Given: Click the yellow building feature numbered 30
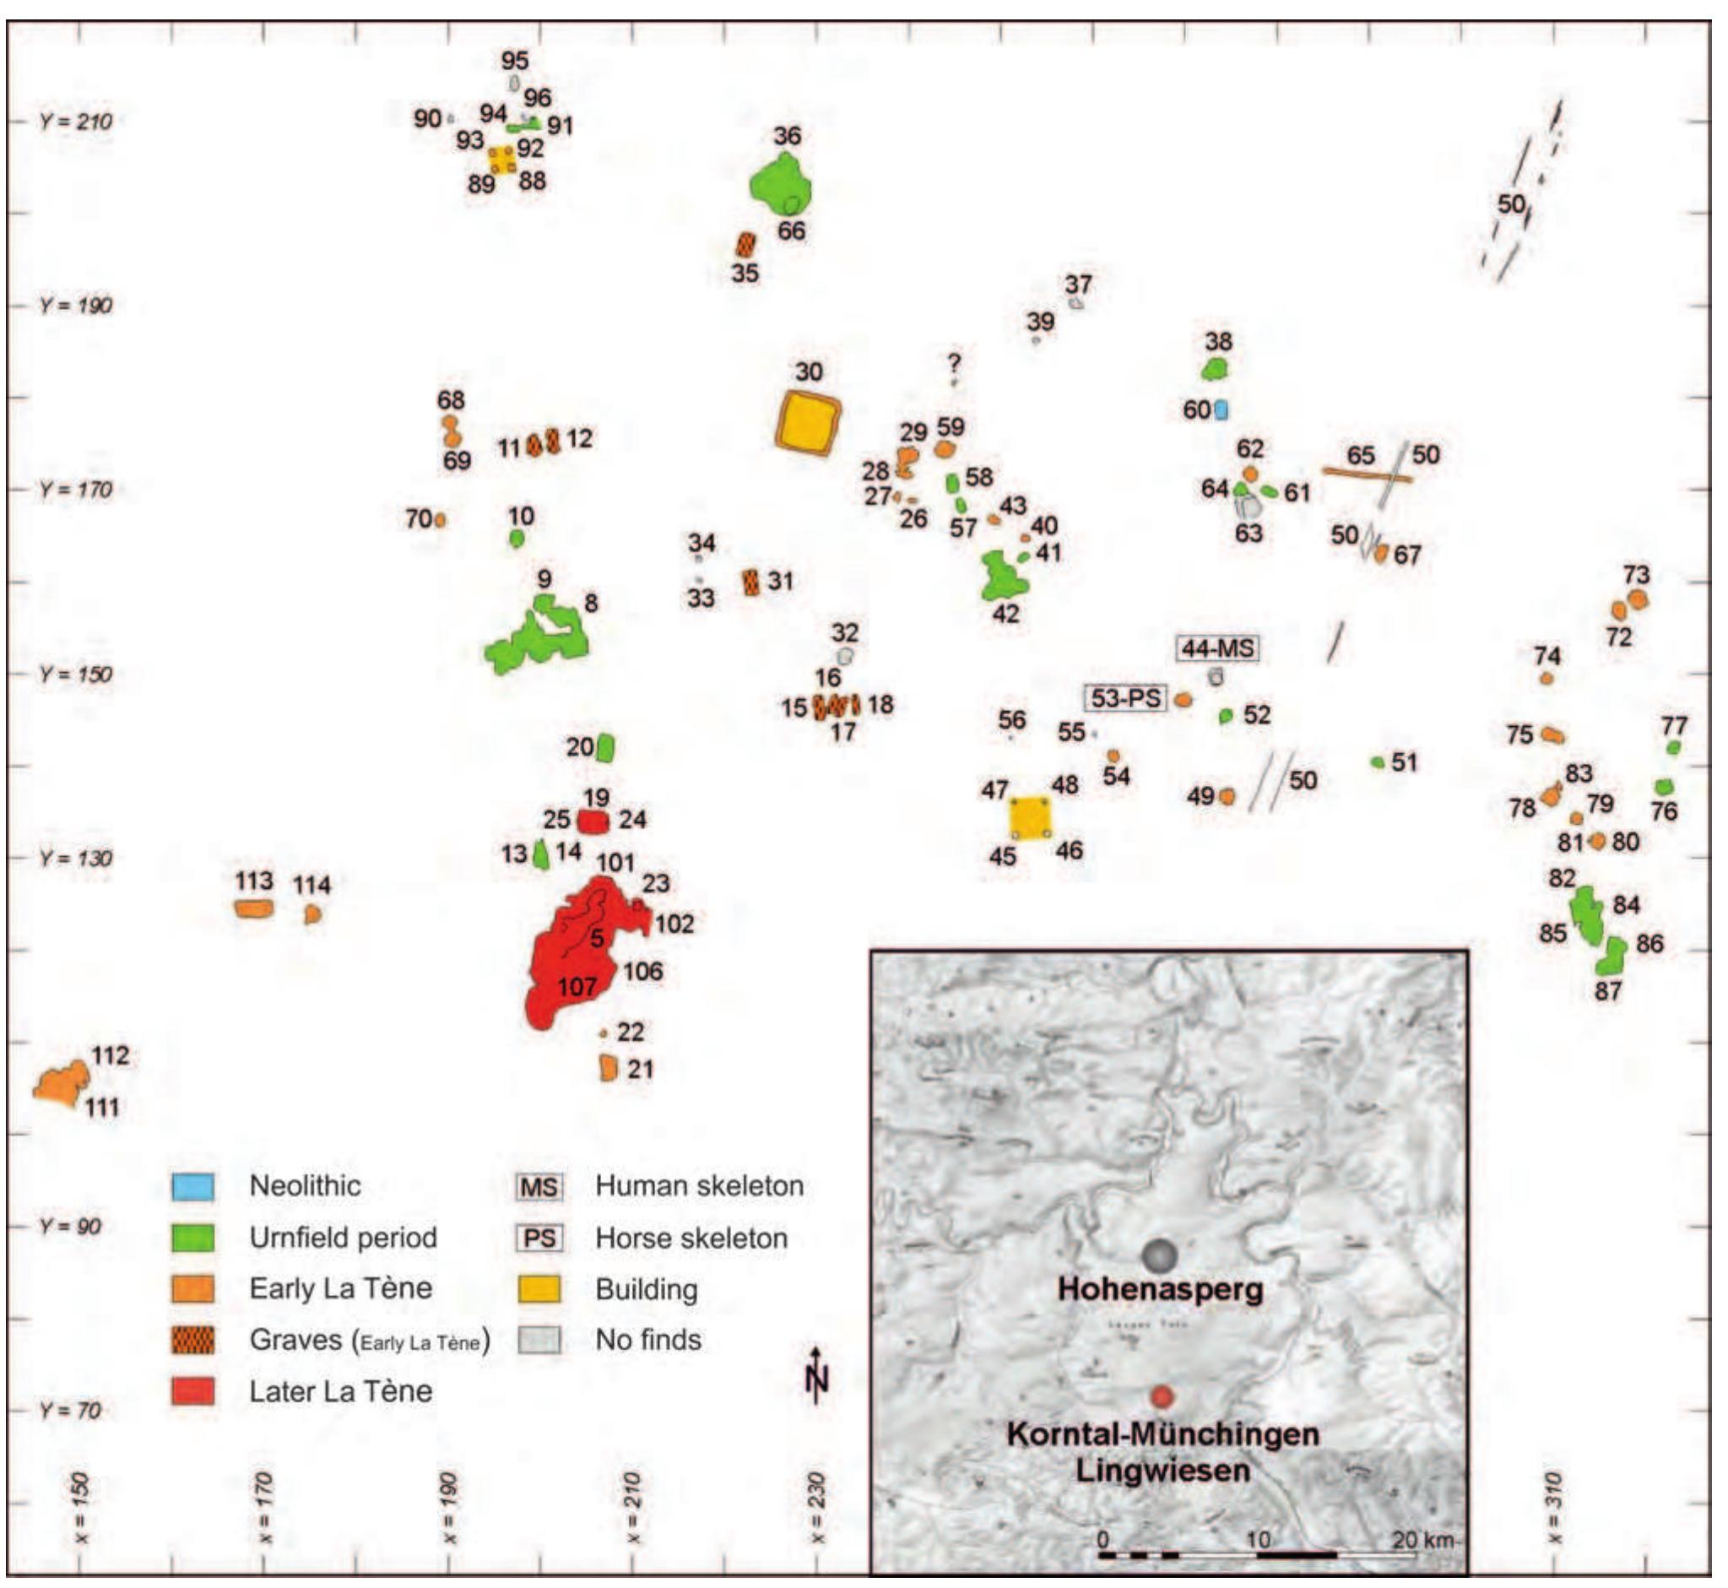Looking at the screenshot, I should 807,422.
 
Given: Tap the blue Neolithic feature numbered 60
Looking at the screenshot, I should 1221,410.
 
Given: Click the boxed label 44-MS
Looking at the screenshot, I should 1216,648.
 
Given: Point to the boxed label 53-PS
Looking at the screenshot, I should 1124,697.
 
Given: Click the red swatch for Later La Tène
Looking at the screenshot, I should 192,1390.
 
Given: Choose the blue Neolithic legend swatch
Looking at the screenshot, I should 192,1186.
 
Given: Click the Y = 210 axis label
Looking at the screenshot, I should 76,122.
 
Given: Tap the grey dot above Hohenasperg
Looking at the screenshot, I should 1159,1255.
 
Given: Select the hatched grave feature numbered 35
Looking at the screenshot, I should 745,246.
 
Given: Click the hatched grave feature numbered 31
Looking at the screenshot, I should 752,583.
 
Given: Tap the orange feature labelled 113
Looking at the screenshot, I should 253,908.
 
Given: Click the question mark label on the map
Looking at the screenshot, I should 953,363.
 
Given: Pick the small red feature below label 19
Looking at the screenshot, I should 593,821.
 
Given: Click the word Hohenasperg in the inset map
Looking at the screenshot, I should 1160,1289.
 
